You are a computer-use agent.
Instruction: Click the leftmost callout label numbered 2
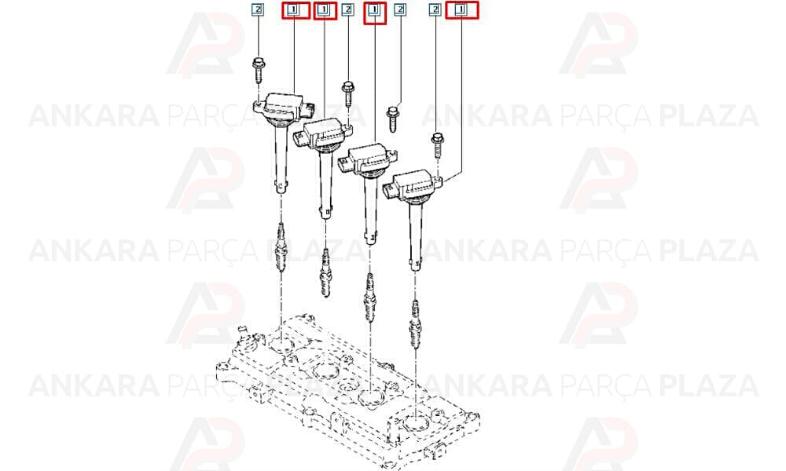(x=257, y=9)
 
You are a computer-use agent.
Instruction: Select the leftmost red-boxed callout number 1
(x=296, y=10)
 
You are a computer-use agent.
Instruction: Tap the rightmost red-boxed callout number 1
(x=461, y=9)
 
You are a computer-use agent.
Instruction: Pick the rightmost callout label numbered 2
(x=435, y=9)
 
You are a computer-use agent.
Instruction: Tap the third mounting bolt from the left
(x=394, y=118)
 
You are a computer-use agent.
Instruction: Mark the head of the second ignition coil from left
(x=324, y=134)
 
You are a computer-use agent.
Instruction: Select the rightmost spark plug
(x=415, y=323)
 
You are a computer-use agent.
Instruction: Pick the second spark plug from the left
(x=326, y=273)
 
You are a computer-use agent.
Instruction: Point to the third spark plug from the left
(x=369, y=298)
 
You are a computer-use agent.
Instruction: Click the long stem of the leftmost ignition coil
(x=281, y=159)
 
